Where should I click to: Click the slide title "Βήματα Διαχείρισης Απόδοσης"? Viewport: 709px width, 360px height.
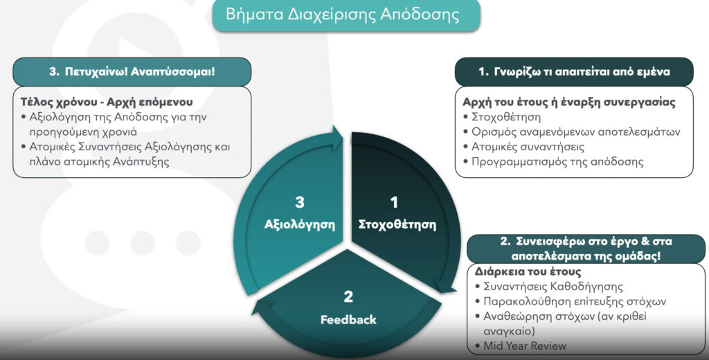[342, 15]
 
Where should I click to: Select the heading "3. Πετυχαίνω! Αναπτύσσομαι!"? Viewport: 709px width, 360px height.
[132, 71]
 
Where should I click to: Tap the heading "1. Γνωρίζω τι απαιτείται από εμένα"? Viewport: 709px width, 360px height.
[574, 71]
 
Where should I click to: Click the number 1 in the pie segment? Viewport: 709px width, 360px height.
[394, 202]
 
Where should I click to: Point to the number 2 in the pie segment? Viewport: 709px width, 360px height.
[348, 297]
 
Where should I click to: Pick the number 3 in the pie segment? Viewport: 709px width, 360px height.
[300, 202]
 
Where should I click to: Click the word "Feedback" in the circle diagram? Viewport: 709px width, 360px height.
[348, 320]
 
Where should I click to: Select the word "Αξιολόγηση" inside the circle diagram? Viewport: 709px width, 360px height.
[300, 225]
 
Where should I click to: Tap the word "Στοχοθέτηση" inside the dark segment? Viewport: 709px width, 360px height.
[397, 225]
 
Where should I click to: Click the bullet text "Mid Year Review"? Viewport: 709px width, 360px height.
[525, 346]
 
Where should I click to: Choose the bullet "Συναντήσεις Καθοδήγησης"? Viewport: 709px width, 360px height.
[553, 287]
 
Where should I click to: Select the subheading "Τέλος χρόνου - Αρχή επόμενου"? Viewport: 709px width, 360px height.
[107, 102]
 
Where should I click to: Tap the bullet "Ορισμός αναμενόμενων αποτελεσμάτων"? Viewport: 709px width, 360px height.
[575, 132]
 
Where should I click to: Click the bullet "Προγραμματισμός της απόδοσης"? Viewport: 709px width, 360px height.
[557, 162]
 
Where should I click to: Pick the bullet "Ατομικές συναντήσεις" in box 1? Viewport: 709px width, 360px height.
[528, 147]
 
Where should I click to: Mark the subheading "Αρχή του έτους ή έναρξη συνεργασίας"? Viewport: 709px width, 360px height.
[569, 102]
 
